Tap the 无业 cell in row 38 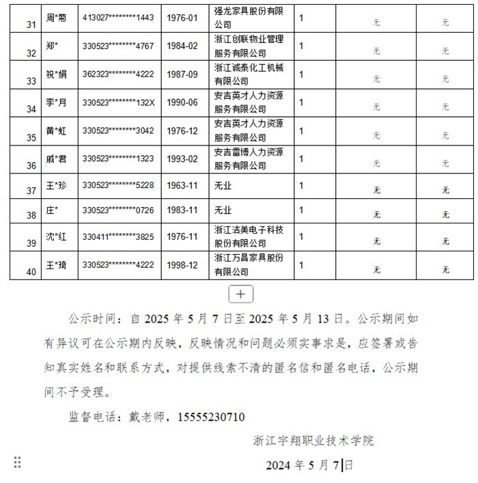pyautogui.click(x=223, y=210)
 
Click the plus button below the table pyautogui.click(x=240, y=294)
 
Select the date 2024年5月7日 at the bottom pyautogui.click(x=309, y=466)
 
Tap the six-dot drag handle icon pyautogui.click(x=18, y=463)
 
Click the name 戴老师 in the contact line pyautogui.click(x=147, y=416)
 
